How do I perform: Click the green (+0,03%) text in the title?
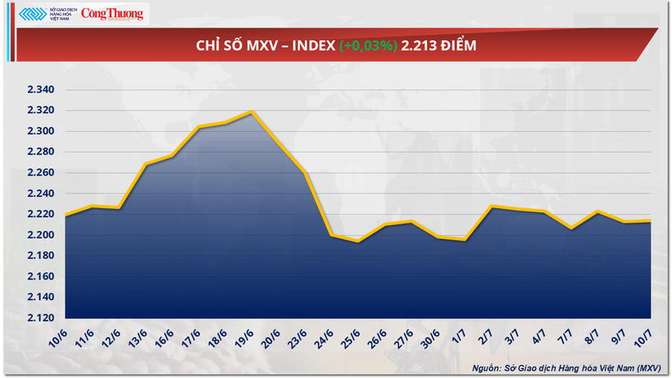366,46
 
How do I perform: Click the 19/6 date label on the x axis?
245,336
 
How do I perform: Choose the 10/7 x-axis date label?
643,336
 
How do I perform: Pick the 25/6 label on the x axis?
352,336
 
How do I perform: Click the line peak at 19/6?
252,112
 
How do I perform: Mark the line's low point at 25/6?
358,241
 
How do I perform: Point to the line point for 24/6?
332,235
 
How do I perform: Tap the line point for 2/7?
490,207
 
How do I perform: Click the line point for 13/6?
145,164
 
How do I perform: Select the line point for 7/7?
570,229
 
